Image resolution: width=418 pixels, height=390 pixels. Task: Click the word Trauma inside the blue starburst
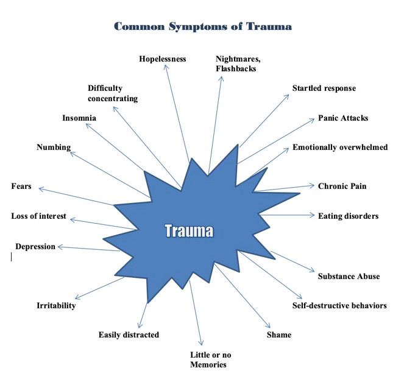coord(189,230)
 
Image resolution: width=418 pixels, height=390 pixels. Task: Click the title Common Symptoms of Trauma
coord(203,27)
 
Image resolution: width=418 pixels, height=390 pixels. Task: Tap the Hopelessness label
coord(162,59)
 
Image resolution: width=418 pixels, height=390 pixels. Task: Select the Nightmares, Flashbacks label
coord(238,64)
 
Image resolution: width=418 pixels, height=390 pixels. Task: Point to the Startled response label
coord(324,88)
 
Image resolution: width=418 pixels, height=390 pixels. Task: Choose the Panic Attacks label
coord(343,118)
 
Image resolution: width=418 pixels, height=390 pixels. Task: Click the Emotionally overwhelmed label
coord(340,147)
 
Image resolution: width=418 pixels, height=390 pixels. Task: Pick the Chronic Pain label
coord(342,186)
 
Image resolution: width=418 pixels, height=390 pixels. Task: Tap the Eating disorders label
coord(348,216)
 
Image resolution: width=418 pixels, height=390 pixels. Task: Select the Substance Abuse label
coord(349,276)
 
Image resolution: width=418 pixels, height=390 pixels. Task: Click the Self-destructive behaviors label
coord(339,305)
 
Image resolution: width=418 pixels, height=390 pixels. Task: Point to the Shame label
coord(279,335)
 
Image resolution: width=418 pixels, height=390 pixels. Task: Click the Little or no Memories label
coord(210,360)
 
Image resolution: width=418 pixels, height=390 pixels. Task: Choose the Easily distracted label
coord(129,335)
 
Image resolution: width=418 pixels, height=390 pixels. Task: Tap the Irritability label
coord(56,305)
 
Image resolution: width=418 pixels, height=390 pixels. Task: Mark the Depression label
coord(35,247)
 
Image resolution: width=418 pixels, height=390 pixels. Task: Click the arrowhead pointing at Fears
coord(41,189)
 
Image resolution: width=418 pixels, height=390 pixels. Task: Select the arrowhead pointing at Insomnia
coord(88,126)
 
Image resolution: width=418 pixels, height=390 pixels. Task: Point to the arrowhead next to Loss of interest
coord(73,219)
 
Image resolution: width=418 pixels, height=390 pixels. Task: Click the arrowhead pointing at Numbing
coord(72,154)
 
